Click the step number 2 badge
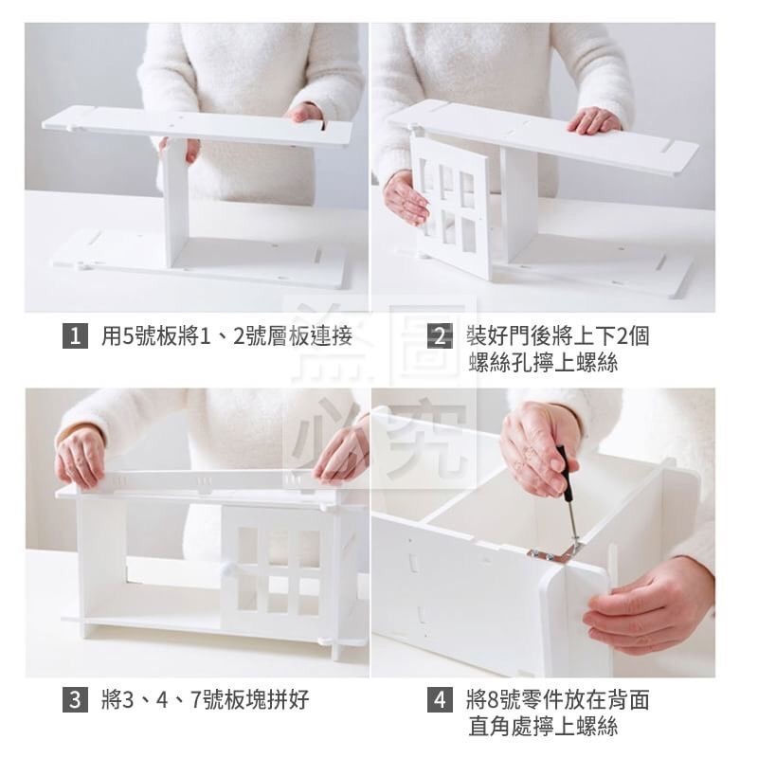[440, 336]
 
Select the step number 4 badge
[440, 701]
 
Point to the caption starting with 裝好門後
[558, 336]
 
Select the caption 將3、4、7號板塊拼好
[205, 701]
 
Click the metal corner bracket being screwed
[553, 551]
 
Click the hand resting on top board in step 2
[594, 120]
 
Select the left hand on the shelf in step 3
[80, 456]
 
